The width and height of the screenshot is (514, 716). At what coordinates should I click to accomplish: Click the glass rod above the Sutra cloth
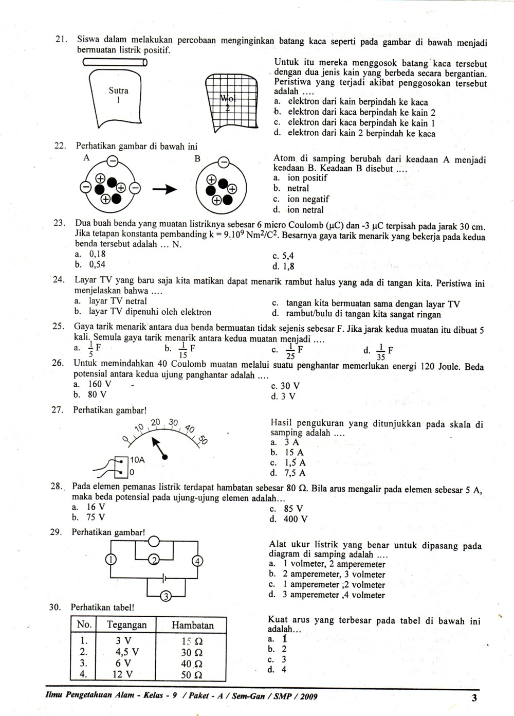[x=115, y=63]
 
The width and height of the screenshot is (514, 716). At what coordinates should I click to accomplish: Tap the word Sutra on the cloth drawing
[x=118, y=91]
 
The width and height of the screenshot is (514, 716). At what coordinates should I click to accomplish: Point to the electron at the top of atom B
[x=223, y=163]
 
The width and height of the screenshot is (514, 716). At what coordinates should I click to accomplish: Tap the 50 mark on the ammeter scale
[x=202, y=439]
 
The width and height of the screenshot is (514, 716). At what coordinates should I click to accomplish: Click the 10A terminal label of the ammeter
[x=137, y=460]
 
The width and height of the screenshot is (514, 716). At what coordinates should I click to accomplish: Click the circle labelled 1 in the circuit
[x=110, y=560]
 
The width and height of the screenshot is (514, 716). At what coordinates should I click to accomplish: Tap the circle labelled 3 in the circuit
[x=166, y=597]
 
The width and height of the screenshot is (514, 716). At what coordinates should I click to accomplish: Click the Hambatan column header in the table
[x=192, y=625]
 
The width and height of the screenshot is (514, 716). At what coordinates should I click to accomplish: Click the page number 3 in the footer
[x=473, y=698]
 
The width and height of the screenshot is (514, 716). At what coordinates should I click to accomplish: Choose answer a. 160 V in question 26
[x=93, y=384]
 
